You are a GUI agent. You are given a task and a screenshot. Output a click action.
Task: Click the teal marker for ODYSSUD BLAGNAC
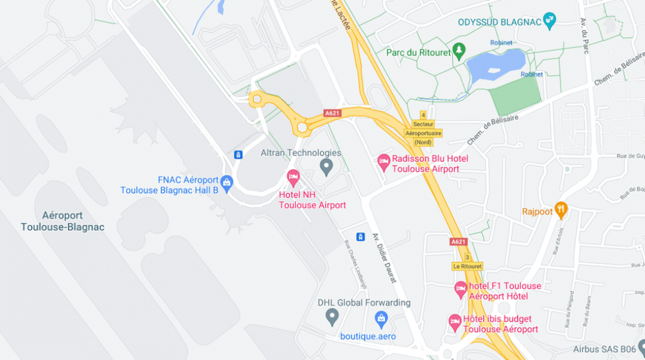click(550, 21)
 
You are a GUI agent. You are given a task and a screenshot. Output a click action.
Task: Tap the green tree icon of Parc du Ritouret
click(459, 50)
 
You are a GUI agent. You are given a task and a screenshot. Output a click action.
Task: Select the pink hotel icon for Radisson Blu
click(384, 161)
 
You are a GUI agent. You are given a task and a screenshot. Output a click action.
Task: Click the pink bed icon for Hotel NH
click(294, 176)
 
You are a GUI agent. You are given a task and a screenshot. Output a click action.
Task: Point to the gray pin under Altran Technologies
click(326, 166)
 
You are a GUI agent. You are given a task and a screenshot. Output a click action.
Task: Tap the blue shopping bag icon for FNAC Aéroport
click(227, 182)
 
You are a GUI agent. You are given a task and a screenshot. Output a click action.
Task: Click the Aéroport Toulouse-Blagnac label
click(63, 221)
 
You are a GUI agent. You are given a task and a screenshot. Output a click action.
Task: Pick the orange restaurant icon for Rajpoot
click(561, 210)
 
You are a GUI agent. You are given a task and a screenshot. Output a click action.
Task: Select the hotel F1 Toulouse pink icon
click(461, 288)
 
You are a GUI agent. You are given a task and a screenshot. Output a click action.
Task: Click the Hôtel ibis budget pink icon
click(455, 321)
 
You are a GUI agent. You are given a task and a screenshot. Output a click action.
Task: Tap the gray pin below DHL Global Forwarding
click(332, 317)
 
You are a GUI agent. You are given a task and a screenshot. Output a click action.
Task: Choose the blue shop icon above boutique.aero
click(381, 319)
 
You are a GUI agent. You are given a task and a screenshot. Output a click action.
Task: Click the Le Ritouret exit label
click(467, 266)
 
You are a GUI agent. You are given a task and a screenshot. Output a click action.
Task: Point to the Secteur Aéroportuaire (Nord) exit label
click(423, 133)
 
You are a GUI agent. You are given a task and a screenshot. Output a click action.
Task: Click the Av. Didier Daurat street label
click(385, 259)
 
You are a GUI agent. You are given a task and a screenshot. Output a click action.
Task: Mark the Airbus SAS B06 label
click(604, 349)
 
